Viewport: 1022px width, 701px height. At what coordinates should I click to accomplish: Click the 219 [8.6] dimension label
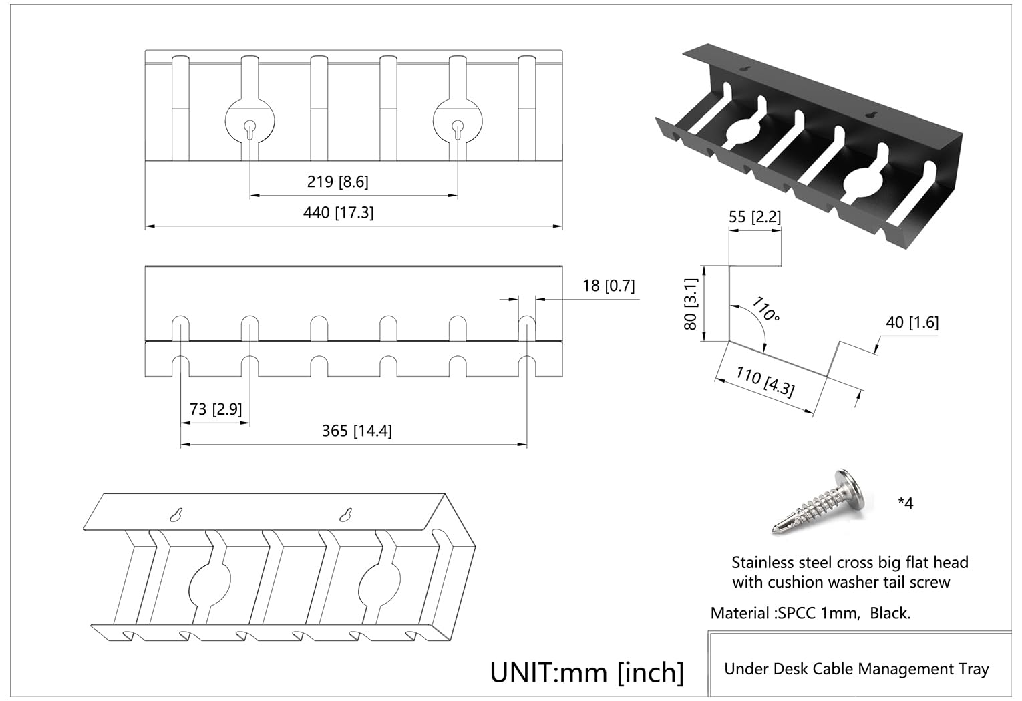[337, 182]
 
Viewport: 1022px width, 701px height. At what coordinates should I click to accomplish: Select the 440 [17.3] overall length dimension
[338, 212]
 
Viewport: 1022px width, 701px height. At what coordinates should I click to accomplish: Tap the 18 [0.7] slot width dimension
[608, 286]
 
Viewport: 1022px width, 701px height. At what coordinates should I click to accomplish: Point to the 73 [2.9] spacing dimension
[215, 409]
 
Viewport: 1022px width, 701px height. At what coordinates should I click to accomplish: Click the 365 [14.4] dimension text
[357, 431]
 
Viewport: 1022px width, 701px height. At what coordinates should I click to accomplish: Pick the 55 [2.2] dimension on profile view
[754, 217]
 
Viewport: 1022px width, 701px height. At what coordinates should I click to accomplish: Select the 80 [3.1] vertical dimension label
[691, 304]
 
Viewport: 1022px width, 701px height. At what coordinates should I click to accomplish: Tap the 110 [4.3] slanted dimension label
[765, 382]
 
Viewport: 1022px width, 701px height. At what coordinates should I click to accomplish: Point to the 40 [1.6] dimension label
[912, 322]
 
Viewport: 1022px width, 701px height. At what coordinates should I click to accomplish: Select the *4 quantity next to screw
[905, 503]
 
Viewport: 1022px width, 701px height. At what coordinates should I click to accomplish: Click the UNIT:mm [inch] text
[587, 672]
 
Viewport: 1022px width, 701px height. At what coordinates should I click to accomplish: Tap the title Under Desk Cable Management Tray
[856, 669]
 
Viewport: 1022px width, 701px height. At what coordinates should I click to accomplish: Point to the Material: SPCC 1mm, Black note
[810, 613]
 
